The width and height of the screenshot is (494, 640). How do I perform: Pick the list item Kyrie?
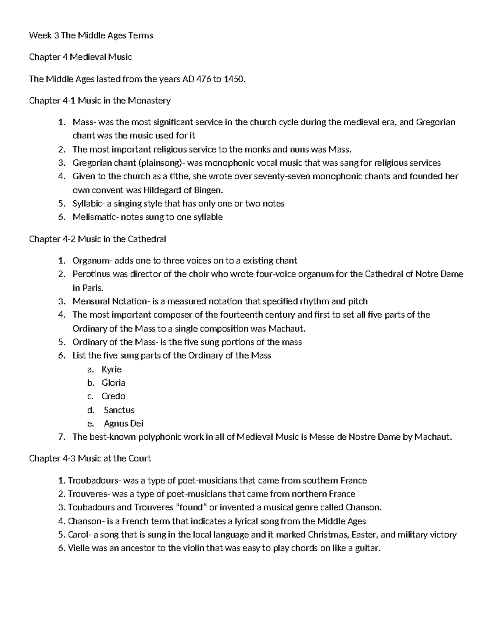point(112,369)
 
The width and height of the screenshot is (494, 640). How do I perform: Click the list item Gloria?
point(113,383)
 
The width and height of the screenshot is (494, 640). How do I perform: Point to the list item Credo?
point(113,396)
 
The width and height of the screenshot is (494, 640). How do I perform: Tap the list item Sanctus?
point(119,410)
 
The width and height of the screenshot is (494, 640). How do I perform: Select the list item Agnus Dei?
point(123,424)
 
